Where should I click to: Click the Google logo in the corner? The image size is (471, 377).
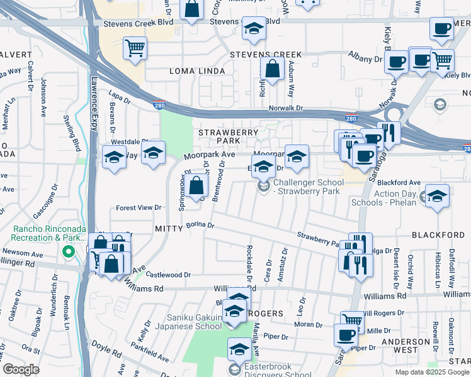[21, 369]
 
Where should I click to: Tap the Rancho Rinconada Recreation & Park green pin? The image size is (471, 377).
[68, 253]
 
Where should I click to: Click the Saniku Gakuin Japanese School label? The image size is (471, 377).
[195, 322]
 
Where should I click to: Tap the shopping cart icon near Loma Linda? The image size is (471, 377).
[135, 48]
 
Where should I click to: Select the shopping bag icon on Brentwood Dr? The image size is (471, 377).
[197, 185]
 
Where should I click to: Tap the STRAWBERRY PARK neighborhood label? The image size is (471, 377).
[229, 137]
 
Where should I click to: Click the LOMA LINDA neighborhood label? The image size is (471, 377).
[197, 72]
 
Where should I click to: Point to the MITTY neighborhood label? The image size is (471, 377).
[167, 230]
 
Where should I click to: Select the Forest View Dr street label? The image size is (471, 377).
[139, 207]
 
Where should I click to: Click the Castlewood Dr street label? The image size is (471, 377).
[168, 275]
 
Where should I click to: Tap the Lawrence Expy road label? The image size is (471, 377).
[94, 100]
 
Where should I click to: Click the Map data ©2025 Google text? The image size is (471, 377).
[432, 372]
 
